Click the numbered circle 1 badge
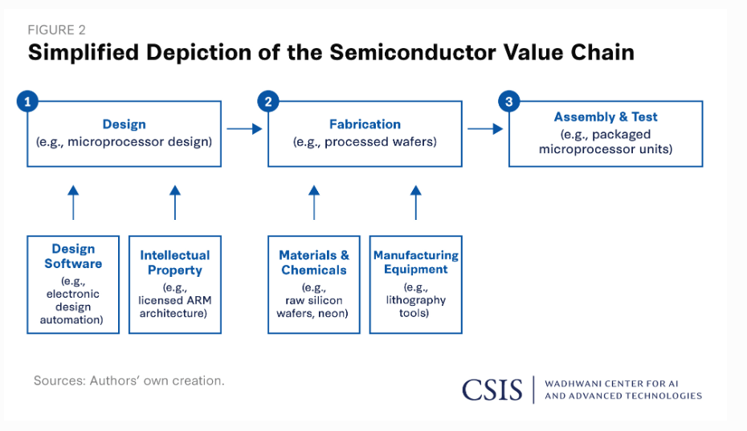(x=27, y=101)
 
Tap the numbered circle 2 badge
(x=268, y=101)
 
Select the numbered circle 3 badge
(x=509, y=101)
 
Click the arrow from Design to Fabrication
(x=244, y=128)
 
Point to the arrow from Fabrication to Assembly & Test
(x=485, y=128)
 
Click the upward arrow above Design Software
(x=73, y=202)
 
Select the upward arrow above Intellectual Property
(x=175, y=202)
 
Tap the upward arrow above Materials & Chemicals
(x=314, y=202)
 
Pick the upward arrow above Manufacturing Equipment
(x=416, y=202)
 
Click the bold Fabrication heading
(x=365, y=124)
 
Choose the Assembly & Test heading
(x=606, y=116)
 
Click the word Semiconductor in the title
(x=413, y=52)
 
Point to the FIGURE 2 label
(x=57, y=30)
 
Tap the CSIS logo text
(x=492, y=390)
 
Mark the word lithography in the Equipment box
(x=416, y=300)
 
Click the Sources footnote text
(x=129, y=380)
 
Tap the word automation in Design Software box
(x=71, y=319)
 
